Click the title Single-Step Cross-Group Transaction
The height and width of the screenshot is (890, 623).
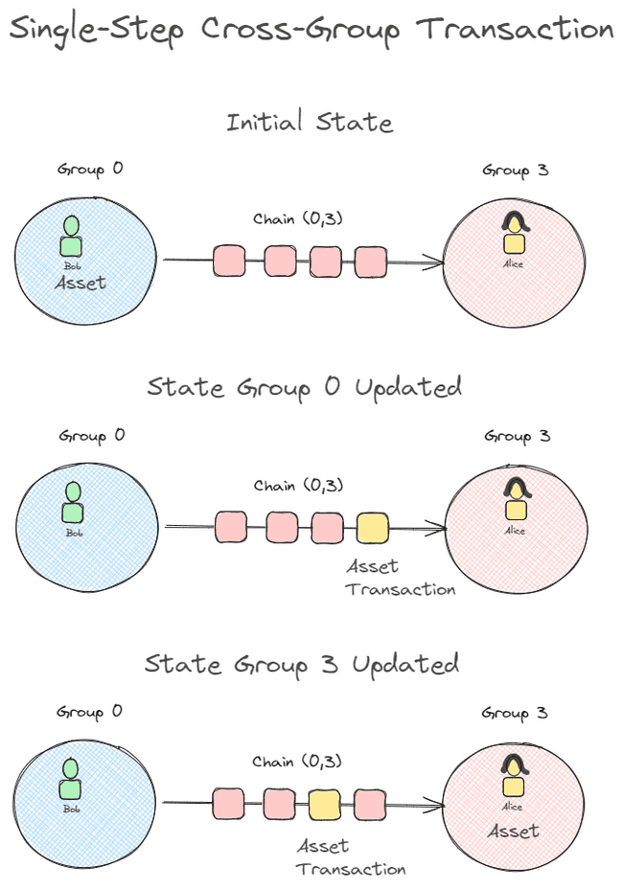(311, 30)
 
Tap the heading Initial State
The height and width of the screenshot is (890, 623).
(310, 123)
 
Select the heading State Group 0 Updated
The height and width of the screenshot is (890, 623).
(305, 387)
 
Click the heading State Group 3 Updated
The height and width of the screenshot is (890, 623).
(302, 663)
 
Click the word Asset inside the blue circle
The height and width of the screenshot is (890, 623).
(80, 283)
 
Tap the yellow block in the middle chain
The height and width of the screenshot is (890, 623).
(373, 527)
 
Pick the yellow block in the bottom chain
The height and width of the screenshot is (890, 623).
(325, 804)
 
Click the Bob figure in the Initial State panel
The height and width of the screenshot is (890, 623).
(72, 239)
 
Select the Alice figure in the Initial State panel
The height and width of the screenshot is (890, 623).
(515, 235)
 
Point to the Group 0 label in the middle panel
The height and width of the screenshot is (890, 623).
(90, 436)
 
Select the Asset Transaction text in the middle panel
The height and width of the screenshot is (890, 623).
(401, 578)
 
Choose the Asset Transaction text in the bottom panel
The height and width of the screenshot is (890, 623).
(351, 857)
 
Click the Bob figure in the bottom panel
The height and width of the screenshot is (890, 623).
(71, 779)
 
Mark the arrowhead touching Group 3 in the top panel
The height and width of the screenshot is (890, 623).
(436, 261)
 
